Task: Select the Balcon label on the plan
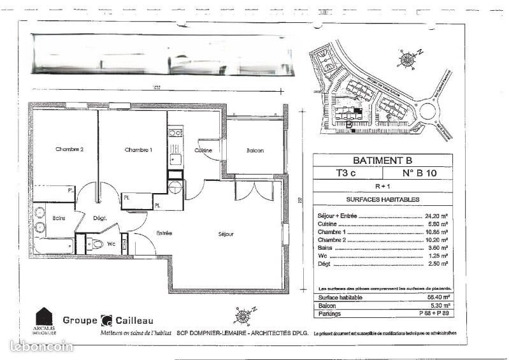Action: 255,150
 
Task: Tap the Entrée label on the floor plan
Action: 164,234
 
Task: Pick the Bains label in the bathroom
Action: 60,217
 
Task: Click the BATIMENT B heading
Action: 383,160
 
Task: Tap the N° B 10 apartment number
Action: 418,173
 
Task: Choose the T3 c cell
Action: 347,173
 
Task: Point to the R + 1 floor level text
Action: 383,187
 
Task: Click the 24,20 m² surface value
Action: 436,216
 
